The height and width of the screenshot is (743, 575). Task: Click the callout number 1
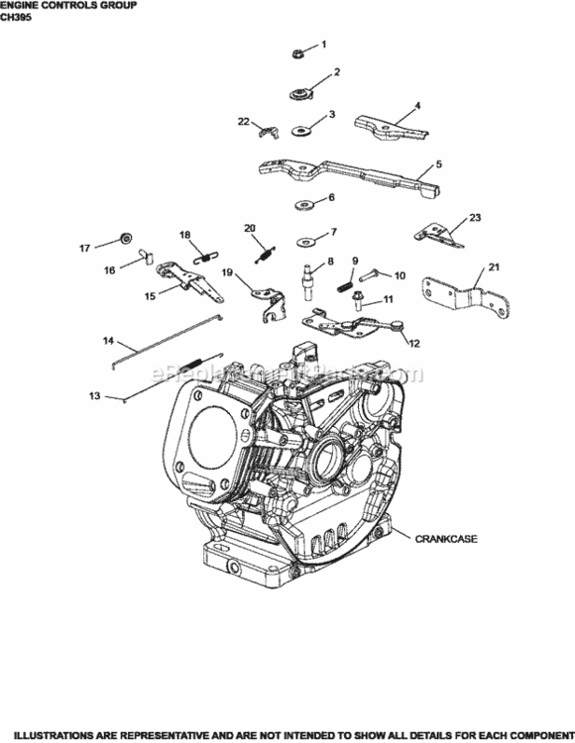point(321,44)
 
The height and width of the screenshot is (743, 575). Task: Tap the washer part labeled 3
point(298,128)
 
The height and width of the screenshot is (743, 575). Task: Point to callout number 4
point(417,105)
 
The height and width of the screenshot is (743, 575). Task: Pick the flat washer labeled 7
point(302,239)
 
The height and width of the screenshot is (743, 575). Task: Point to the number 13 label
point(413,343)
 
